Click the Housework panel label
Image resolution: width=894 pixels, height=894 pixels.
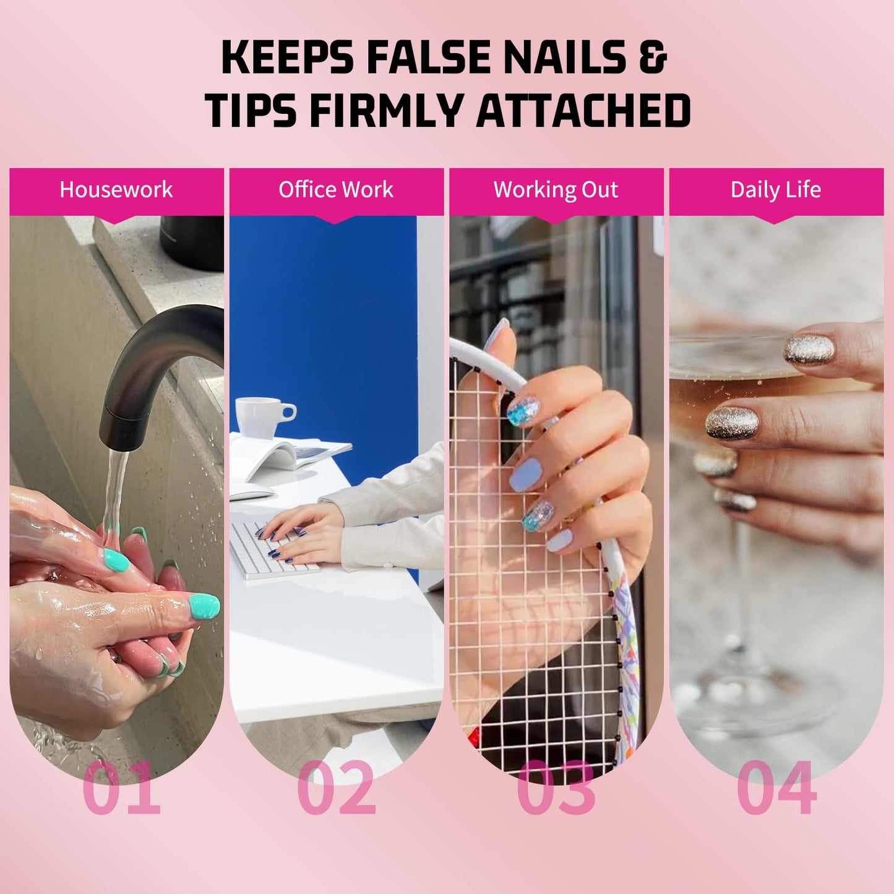[116, 189]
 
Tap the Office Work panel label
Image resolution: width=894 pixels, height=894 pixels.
[336, 189]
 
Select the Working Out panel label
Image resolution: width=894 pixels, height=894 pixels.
[556, 189]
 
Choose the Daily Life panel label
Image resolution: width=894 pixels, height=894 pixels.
[776, 189]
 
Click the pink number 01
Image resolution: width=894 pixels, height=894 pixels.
[121, 788]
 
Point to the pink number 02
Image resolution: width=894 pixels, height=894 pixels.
[337, 788]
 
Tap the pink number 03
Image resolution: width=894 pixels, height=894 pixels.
[556, 788]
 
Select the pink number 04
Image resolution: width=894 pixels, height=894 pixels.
[776, 788]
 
